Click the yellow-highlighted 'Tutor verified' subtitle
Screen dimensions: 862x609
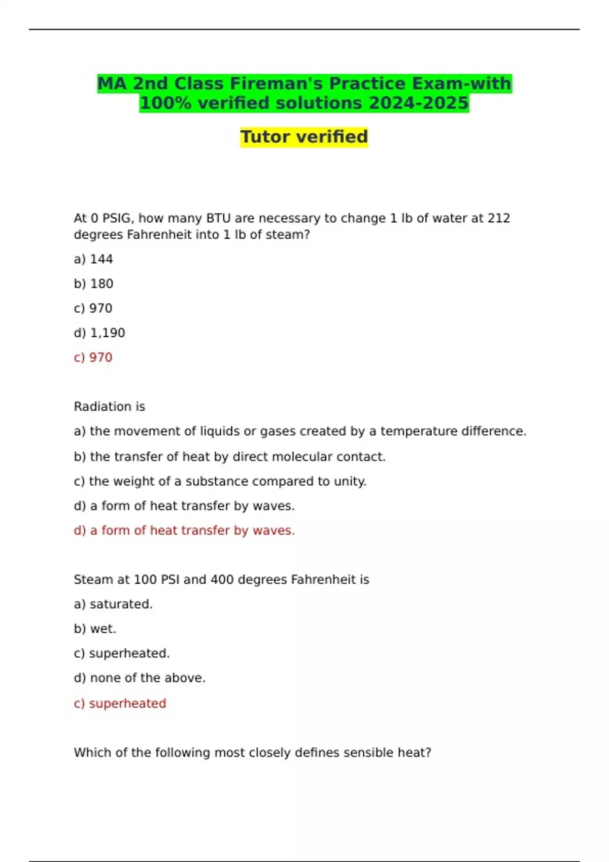304,137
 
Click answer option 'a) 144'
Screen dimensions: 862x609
93,259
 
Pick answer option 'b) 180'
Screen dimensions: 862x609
93,284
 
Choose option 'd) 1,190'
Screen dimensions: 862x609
99,333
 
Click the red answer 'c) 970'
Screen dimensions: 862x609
93,357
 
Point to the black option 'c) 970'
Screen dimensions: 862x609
93,308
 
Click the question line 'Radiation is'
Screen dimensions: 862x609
110,407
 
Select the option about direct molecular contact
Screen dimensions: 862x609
229,457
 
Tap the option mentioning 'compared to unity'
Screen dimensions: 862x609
220,481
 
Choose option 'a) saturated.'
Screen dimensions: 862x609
113,604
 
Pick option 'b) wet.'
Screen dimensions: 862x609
95,629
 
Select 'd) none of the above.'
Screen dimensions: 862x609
140,678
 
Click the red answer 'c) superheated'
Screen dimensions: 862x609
120,704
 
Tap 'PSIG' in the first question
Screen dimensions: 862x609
118,219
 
